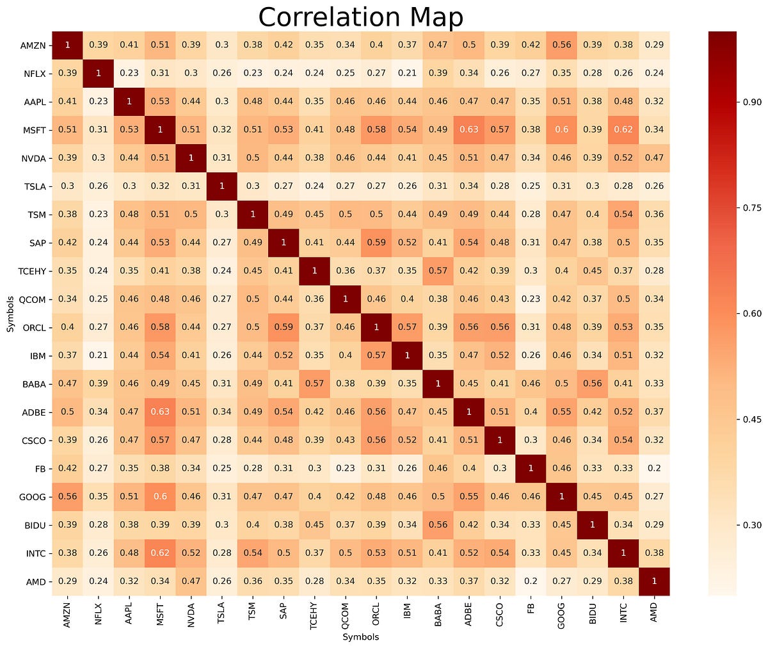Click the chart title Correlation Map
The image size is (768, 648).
click(360, 17)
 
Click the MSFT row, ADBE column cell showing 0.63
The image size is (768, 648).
click(469, 129)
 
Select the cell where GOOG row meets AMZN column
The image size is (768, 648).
click(67, 496)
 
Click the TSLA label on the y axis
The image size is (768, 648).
click(35, 186)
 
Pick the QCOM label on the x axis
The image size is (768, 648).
click(346, 616)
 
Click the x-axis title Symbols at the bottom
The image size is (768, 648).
click(360, 637)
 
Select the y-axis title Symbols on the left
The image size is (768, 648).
click(10, 314)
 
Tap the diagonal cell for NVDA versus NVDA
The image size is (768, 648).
click(191, 158)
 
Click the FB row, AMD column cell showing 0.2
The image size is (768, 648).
click(654, 468)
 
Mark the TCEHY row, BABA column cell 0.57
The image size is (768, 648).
click(438, 270)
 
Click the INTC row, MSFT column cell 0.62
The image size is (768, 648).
click(160, 553)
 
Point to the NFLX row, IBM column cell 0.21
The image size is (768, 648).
click(407, 73)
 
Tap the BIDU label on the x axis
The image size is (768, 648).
click(593, 616)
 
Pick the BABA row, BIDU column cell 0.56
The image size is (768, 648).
click(593, 384)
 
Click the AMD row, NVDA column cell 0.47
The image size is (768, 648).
click(191, 581)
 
